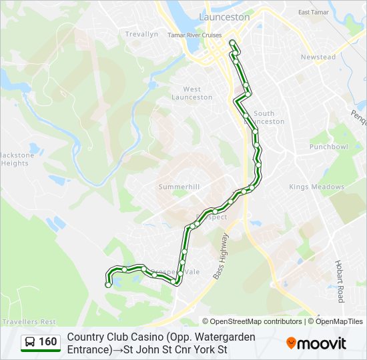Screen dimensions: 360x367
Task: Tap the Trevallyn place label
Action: (141, 34)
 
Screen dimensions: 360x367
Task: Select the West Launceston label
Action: (192, 93)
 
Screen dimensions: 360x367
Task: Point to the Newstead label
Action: (318, 57)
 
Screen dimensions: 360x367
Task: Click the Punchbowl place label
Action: (328, 146)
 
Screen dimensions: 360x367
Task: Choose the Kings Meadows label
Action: (316, 187)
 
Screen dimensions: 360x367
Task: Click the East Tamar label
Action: (314, 12)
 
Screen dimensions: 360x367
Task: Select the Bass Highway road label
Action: (220, 256)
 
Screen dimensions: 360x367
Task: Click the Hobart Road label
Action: (340, 281)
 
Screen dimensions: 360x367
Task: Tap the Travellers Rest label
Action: (29, 321)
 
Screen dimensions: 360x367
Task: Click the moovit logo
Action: (316, 343)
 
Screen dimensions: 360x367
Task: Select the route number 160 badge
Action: (47, 343)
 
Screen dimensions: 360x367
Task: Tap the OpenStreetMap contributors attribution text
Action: (252, 321)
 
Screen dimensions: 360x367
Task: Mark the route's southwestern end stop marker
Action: (108, 285)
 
